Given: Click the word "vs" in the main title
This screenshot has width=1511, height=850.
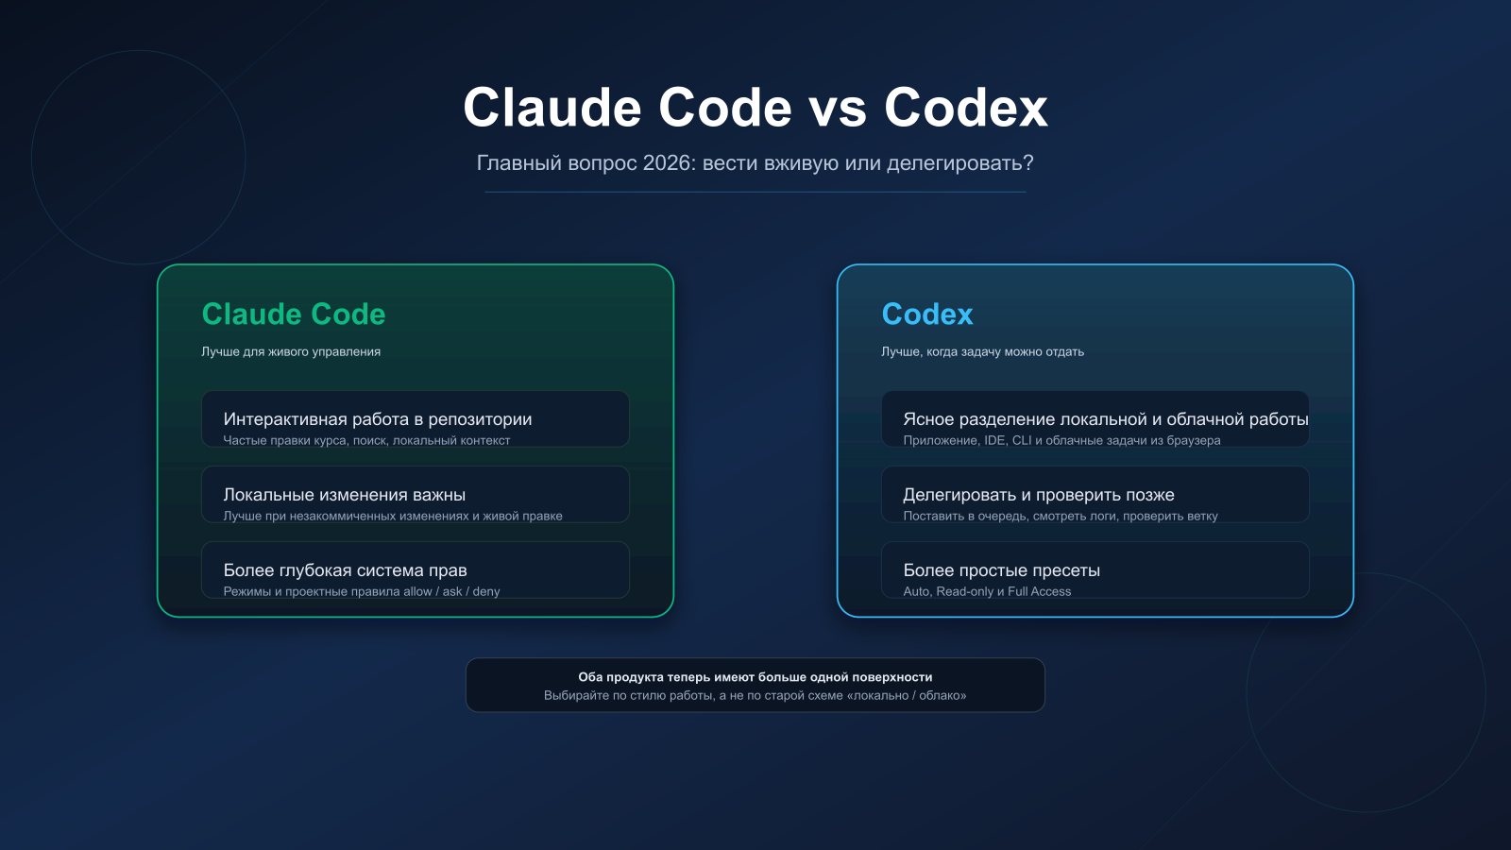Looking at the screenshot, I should click(x=838, y=109).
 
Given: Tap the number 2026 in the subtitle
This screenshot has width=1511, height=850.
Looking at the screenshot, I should click(x=667, y=163).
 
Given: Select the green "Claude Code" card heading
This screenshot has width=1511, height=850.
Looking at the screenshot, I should click(x=294, y=314).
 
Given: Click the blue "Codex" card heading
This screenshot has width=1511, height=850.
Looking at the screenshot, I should click(x=927, y=314).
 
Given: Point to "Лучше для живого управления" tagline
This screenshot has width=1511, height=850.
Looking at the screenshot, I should click(x=291, y=351).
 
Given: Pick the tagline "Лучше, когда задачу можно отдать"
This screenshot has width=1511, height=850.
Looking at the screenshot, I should click(x=982, y=351).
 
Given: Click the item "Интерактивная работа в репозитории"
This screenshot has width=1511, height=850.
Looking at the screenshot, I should click(x=378, y=419).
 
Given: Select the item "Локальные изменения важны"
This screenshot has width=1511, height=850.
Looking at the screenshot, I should click(x=345, y=495).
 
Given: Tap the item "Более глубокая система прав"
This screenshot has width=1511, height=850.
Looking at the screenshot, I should click(x=346, y=570).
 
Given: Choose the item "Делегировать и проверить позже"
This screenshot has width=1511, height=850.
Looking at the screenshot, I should click(x=1039, y=495).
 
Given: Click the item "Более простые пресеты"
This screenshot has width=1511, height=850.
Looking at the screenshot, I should click(x=1002, y=570).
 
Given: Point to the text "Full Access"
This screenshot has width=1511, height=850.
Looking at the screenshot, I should click(x=1039, y=592).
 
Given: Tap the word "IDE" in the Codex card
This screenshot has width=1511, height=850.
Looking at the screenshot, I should click(x=994, y=441).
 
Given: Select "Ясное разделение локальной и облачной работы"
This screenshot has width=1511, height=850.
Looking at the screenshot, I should click(x=1105, y=419).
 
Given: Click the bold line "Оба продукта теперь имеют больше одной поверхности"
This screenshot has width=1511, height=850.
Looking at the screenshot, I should click(x=755, y=677).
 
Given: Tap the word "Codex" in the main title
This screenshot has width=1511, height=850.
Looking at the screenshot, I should click(x=965, y=109).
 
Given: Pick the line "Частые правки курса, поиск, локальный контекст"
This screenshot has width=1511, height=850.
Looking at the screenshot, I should click(x=366, y=441).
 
